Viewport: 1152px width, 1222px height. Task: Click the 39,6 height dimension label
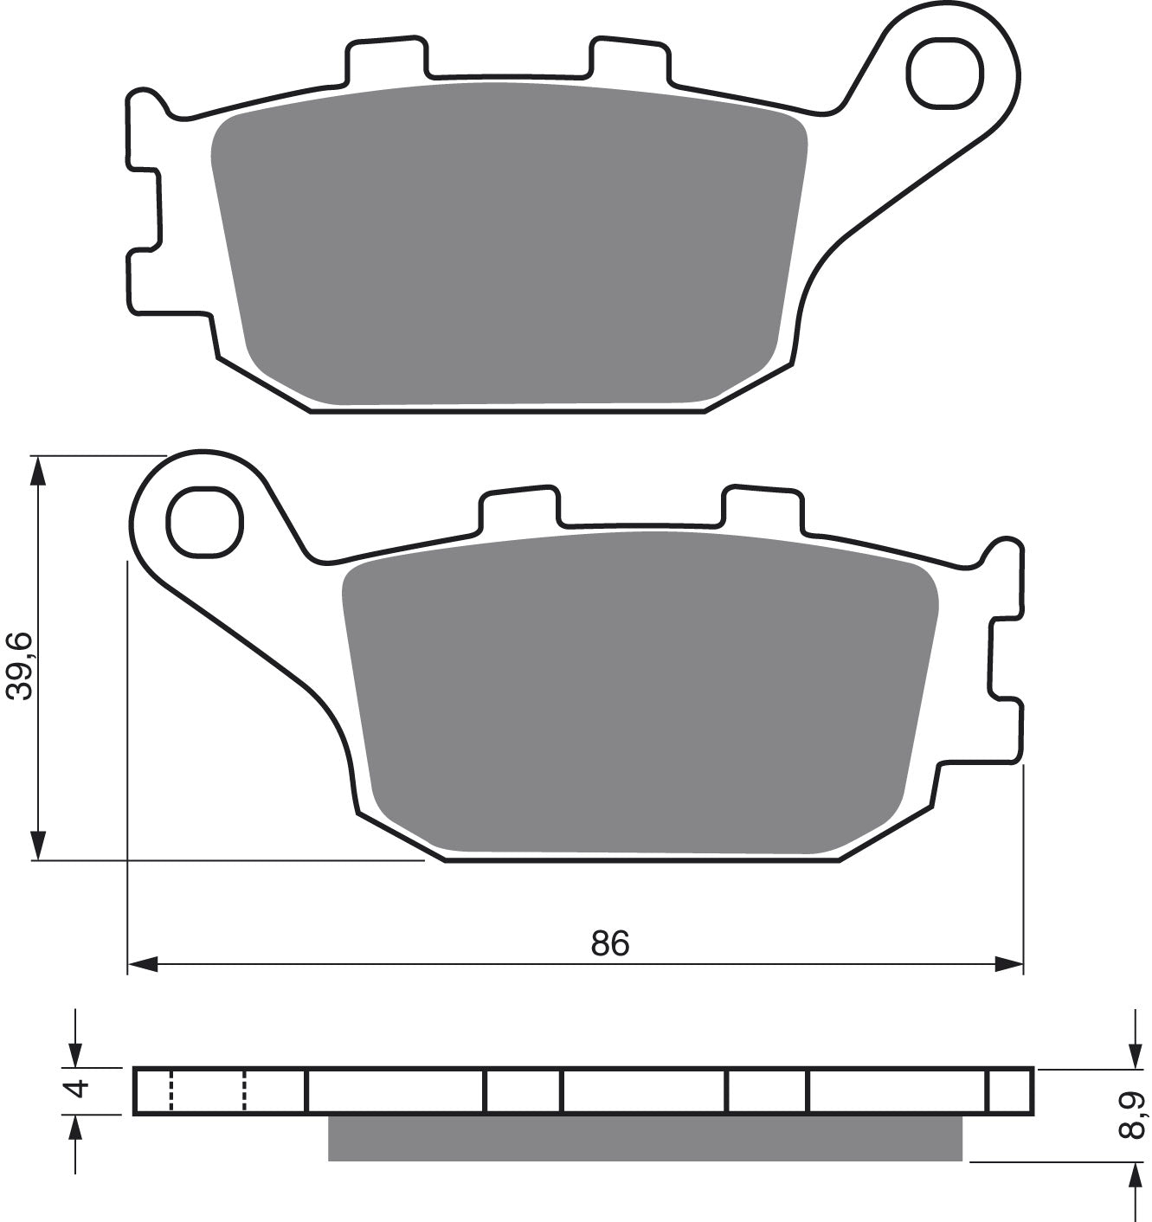18,666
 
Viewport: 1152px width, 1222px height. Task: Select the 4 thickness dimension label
78,1088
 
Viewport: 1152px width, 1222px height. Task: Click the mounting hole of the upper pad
944,73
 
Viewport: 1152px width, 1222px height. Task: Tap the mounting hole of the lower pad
205,523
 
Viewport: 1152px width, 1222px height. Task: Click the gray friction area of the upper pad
509,243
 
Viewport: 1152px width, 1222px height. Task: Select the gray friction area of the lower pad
640,692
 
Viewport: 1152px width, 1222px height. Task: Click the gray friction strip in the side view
645,1137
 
